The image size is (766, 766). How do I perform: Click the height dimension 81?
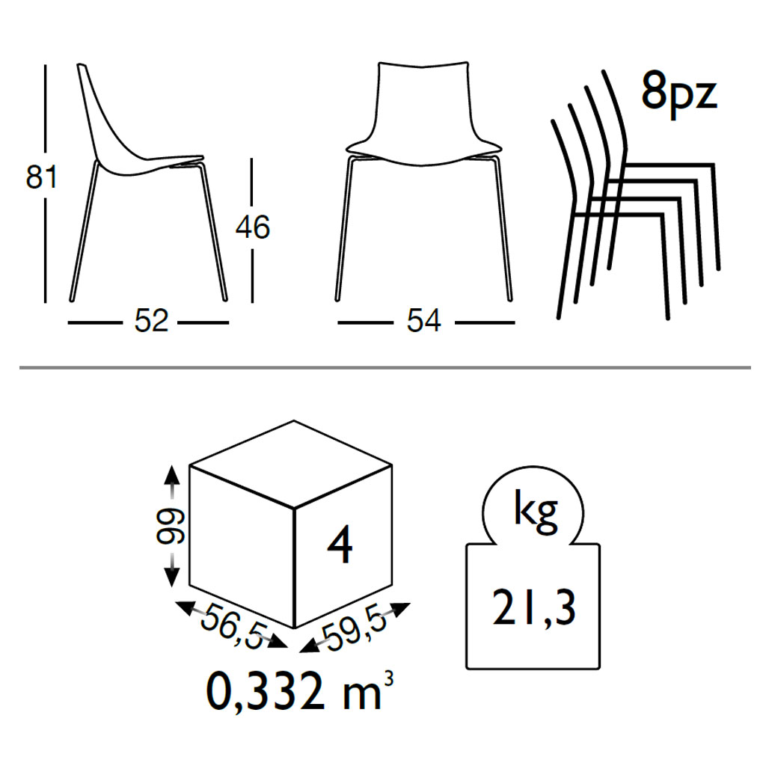pos(41,177)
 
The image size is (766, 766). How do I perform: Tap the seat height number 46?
pos(253,227)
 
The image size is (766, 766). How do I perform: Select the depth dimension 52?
pos(151,321)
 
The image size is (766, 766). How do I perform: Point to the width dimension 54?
pos(423,321)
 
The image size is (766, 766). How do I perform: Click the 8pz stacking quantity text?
pos(679,92)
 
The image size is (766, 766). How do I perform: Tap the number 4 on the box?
pos(340,545)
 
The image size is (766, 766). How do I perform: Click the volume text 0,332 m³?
pos(299,692)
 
